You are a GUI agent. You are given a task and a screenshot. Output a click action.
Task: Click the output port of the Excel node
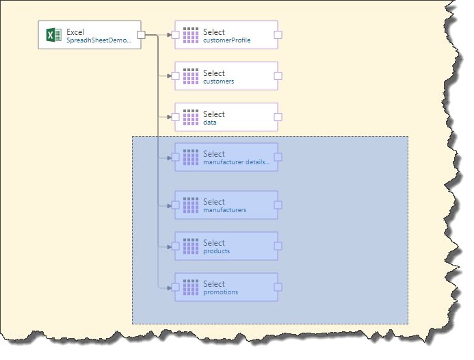pyautogui.click(x=141, y=35)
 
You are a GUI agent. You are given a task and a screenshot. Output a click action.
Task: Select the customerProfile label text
pyautogui.click(x=227, y=40)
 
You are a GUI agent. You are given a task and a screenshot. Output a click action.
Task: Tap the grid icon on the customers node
pyautogui.click(x=191, y=76)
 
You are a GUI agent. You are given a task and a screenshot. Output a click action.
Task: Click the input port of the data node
pyautogui.click(x=175, y=117)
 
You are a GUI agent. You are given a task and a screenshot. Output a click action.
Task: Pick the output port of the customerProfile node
pyautogui.click(x=278, y=35)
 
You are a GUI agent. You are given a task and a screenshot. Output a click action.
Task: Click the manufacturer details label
pyautogui.click(x=236, y=162)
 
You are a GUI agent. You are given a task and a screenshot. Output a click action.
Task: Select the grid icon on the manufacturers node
pyautogui.click(x=191, y=205)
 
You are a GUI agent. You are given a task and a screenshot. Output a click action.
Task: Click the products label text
pyautogui.click(x=217, y=251)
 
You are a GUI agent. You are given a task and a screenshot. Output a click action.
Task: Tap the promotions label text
pyautogui.click(x=221, y=292)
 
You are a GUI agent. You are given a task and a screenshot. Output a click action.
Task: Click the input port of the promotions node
pyautogui.click(x=175, y=287)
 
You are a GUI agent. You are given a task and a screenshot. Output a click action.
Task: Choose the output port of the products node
pyautogui.click(x=278, y=246)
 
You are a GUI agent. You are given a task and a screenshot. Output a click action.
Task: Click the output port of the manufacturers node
pyautogui.click(x=278, y=205)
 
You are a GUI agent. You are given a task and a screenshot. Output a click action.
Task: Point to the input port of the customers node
pyautogui.click(x=175, y=76)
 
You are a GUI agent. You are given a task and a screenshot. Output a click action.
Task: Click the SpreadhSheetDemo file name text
pyautogui.click(x=98, y=40)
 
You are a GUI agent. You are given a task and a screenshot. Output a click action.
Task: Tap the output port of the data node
pyautogui.click(x=278, y=117)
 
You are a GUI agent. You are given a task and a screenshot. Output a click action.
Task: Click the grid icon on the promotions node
pyautogui.click(x=191, y=287)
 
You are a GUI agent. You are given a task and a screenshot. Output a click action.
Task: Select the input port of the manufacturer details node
pyautogui.click(x=175, y=157)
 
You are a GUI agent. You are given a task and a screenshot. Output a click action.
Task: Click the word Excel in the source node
pyautogui.click(x=75, y=31)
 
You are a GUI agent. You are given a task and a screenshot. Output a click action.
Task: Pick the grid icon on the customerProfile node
pyautogui.click(x=191, y=35)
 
